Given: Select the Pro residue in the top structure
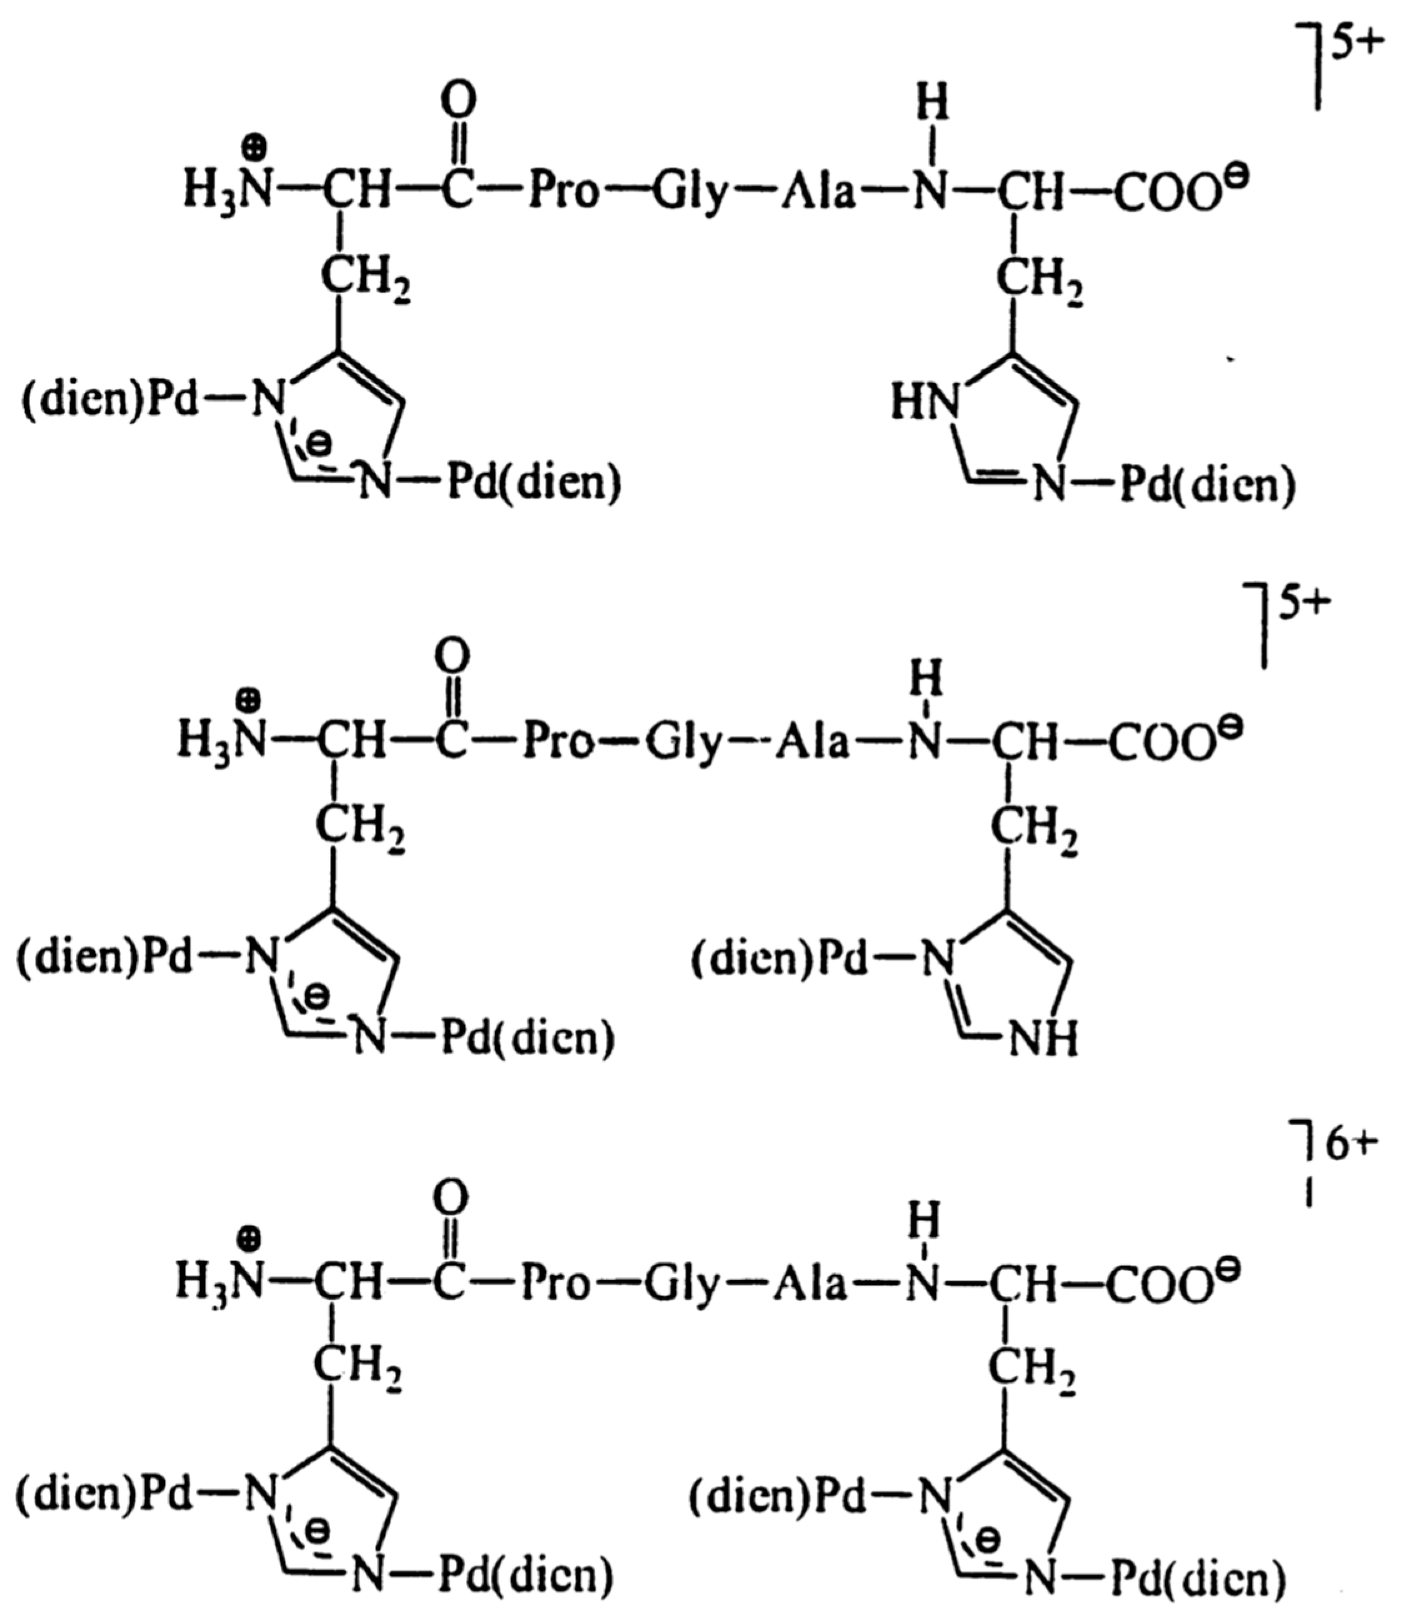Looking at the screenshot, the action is pos(563,192).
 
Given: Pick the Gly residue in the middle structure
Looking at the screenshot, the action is pos(680,744).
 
